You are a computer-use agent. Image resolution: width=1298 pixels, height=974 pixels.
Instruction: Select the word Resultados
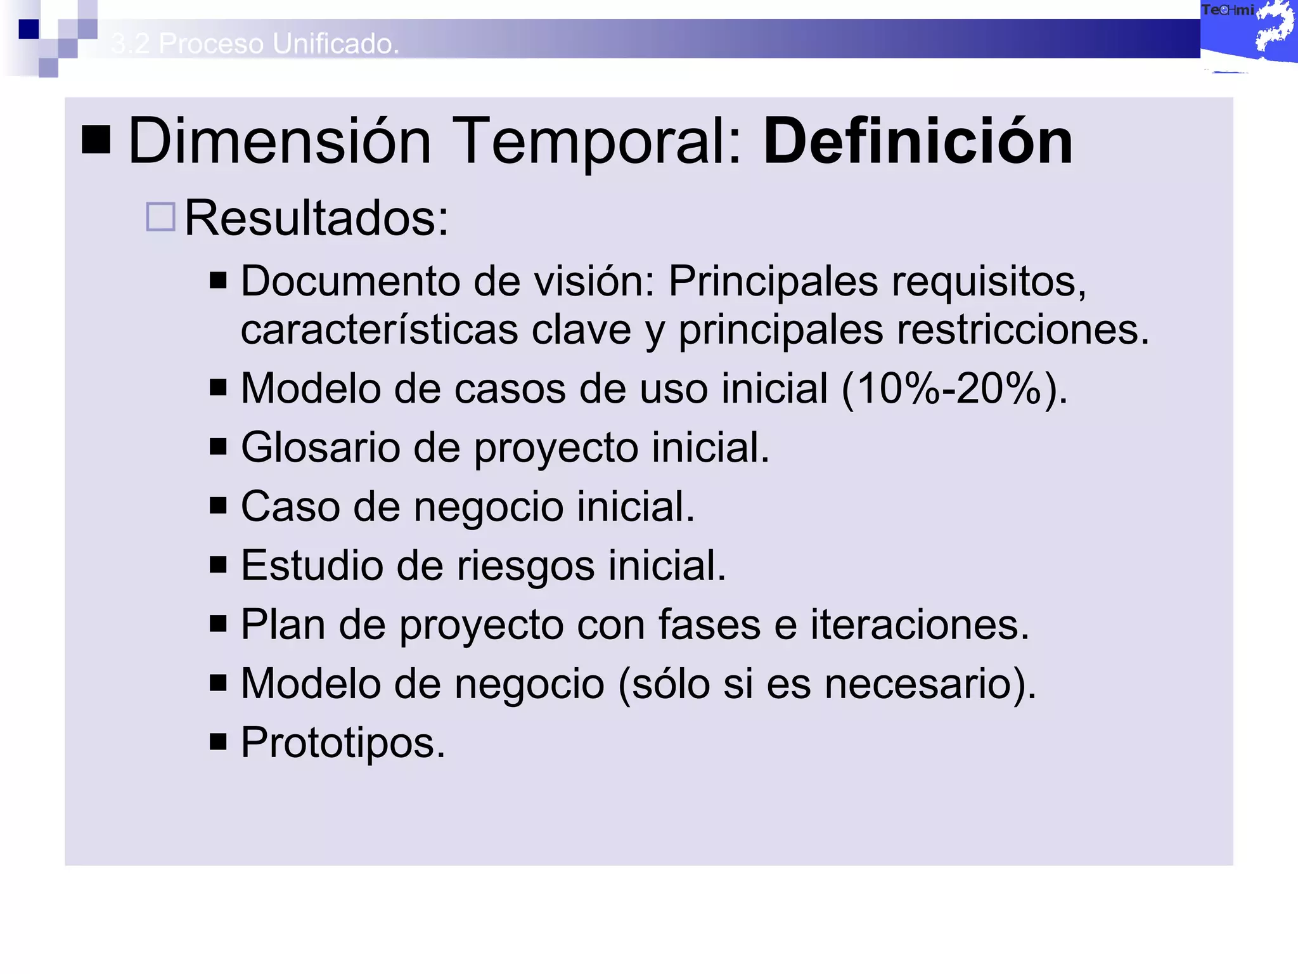point(316,218)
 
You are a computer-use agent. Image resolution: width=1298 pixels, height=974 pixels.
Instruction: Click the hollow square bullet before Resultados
point(160,217)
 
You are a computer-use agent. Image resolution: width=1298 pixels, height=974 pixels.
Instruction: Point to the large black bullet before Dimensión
point(96,140)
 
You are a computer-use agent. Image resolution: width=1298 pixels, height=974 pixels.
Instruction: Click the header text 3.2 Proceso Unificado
point(255,43)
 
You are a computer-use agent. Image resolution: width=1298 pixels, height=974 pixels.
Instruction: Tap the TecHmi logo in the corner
point(1247,32)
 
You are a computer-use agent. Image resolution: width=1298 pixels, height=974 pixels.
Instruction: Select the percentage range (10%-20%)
point(954,388)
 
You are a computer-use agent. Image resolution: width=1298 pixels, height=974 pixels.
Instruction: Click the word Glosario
point(321,448)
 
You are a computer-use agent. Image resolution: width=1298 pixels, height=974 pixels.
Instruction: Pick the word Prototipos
point(343,743)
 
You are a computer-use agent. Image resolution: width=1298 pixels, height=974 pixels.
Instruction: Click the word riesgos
point(525,566)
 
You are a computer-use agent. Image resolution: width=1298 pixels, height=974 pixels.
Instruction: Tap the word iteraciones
point(919,625)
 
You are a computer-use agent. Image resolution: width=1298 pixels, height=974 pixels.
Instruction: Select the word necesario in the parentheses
point(922,684)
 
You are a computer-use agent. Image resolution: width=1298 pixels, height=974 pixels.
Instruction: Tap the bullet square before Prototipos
point(218,741)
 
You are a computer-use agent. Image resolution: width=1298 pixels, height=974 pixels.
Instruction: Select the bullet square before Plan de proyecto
point(218,623)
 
